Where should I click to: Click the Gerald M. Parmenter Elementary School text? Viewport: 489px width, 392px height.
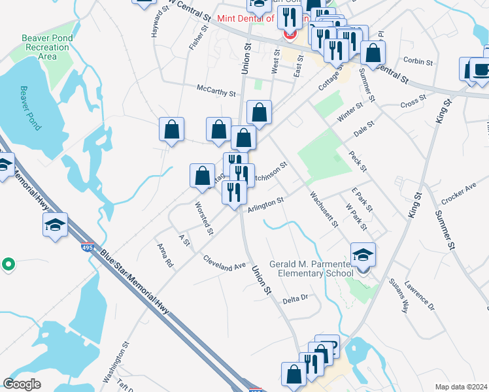pyautogui.click(x=316, y=268)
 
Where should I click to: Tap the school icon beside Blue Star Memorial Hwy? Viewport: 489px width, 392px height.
pyautogui.click(x=55, y=225)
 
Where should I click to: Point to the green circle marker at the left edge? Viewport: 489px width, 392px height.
pyautogui.click(x=8, y=264)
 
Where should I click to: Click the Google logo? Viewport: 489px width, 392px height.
pyautogui.click(x=22, y=384)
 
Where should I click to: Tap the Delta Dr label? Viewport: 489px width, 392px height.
pyautogui.click(x=295, y=299)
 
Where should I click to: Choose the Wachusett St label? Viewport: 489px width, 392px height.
pyautogui.click(x=324, y=209)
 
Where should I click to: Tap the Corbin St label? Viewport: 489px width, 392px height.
pyautogui.click(x=418, y=61)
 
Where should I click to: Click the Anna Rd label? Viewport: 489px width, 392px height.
pyautogui.click(x=165, y=255)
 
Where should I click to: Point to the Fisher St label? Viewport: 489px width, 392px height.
pyautogui.click(x=198, y=39)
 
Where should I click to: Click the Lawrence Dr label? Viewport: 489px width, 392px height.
pyautogui.click(x=419, y=295)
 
